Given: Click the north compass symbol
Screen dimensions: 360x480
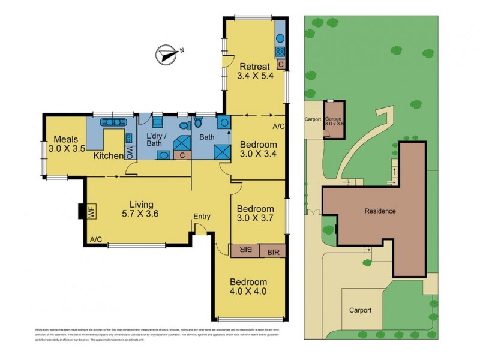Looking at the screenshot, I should coord(165,55).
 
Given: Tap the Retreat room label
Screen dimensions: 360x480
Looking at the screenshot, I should coord(256,71).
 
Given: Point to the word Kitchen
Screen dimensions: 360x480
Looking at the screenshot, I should coord(109,156).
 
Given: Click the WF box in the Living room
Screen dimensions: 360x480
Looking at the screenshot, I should coord(92,212).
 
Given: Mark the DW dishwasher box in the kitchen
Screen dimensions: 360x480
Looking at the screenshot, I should coord(129,154).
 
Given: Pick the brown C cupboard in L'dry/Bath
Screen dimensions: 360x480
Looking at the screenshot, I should coord(182,155).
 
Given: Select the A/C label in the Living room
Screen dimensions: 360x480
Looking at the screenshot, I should coord(95,240).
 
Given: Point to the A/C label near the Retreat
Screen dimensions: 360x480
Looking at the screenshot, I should coord(278,127).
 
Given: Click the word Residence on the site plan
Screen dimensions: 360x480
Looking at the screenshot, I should coord(380,211).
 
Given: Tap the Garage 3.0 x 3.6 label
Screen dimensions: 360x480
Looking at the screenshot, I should coord(335,122).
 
